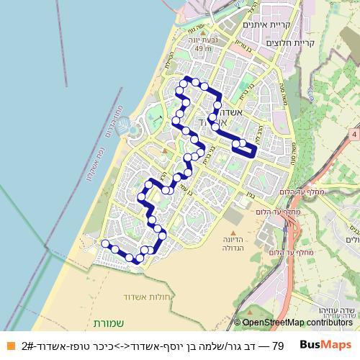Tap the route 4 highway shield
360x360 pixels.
click(355, 134)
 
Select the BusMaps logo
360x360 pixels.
click(326, 346)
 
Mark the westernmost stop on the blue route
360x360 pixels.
click(105, 244)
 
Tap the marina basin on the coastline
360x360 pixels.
click(130, 128)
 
